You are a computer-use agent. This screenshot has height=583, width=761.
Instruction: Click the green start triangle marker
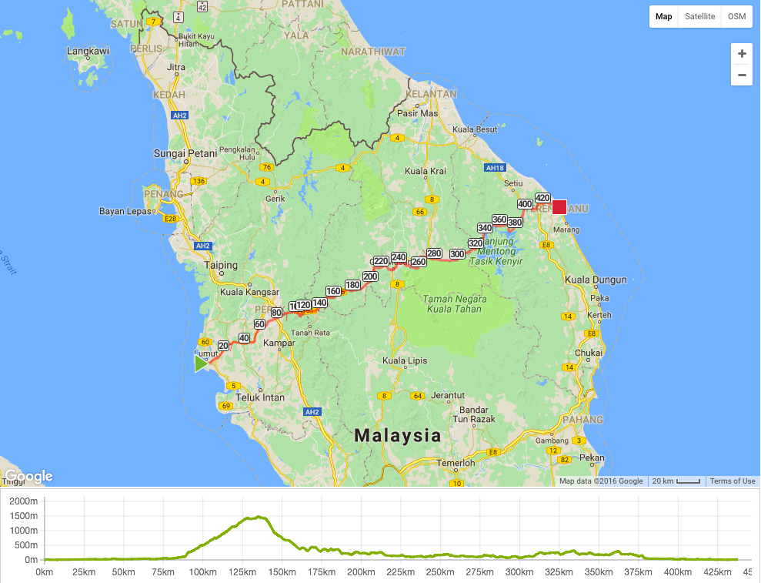tap(201, 364)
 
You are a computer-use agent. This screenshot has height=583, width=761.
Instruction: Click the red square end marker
tap(559, 207)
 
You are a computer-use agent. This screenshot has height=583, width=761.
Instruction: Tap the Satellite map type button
tap(699, 16)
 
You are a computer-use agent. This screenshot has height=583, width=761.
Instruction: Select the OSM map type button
tap(736, 16)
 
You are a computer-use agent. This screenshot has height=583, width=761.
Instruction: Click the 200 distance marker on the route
tap(370, 276)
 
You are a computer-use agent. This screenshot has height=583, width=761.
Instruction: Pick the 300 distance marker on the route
tap(457, 254)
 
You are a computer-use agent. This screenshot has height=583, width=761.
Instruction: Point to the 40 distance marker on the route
tap(244, 338)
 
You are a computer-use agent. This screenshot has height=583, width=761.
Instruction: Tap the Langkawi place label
tap(88, 52)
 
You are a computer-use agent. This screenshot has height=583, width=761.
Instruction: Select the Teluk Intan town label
tap(260, 398)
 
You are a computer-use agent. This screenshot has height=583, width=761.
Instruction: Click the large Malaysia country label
tap(398, 435)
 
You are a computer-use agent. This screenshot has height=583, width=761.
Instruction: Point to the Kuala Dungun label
tap(596, 280)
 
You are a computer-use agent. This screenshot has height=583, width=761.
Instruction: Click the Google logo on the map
tap(28, 477)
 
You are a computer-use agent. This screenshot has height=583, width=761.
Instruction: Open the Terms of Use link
tap(732, 481)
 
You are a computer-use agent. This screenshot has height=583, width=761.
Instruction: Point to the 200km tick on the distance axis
tap(361, 572)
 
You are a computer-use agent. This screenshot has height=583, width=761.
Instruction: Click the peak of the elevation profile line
tap(259, 517)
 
